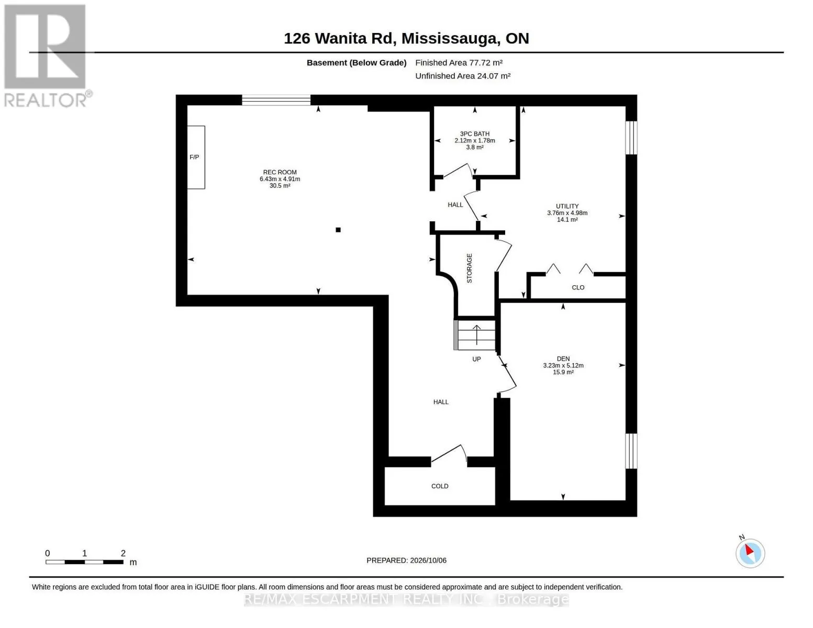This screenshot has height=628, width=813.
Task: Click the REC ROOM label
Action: point(280,172)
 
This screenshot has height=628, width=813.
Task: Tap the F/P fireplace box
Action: point(196,157)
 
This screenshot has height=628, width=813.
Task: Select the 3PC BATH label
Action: point(474,133)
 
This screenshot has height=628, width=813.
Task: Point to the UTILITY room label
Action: point(567,206)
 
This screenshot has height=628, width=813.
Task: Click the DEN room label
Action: point(563,358)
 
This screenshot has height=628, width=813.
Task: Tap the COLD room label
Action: point(440,486)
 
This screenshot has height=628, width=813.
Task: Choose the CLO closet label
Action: point(578,287)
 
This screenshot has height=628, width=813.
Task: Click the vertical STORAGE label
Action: point(469,268)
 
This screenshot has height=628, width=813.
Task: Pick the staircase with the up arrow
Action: point(475,335)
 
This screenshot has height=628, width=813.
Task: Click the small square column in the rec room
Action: point(338,230)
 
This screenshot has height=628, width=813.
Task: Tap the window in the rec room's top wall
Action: point(276,100)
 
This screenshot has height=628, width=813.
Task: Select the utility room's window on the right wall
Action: point(631,138)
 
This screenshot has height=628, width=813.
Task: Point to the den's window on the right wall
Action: point(631,451)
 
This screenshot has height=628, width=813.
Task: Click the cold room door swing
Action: point(449,453)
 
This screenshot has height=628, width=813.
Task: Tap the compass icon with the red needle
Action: point(750,553)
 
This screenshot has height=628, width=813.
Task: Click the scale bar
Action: point(85,562)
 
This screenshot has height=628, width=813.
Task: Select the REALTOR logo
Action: point(46,56)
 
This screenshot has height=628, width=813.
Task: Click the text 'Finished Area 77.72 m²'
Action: point(459,63)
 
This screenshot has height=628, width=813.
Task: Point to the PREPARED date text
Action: point(406,560)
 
